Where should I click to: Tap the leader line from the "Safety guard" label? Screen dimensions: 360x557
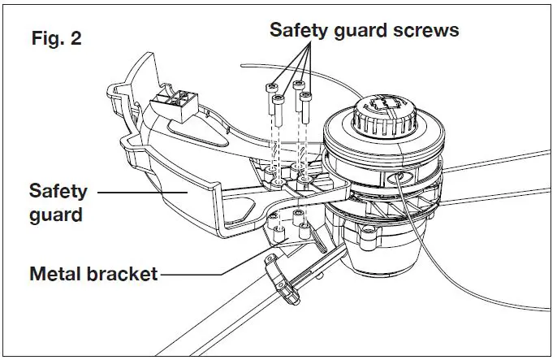click(x=138, y=193)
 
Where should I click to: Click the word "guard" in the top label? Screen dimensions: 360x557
click(x=364, y=30)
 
